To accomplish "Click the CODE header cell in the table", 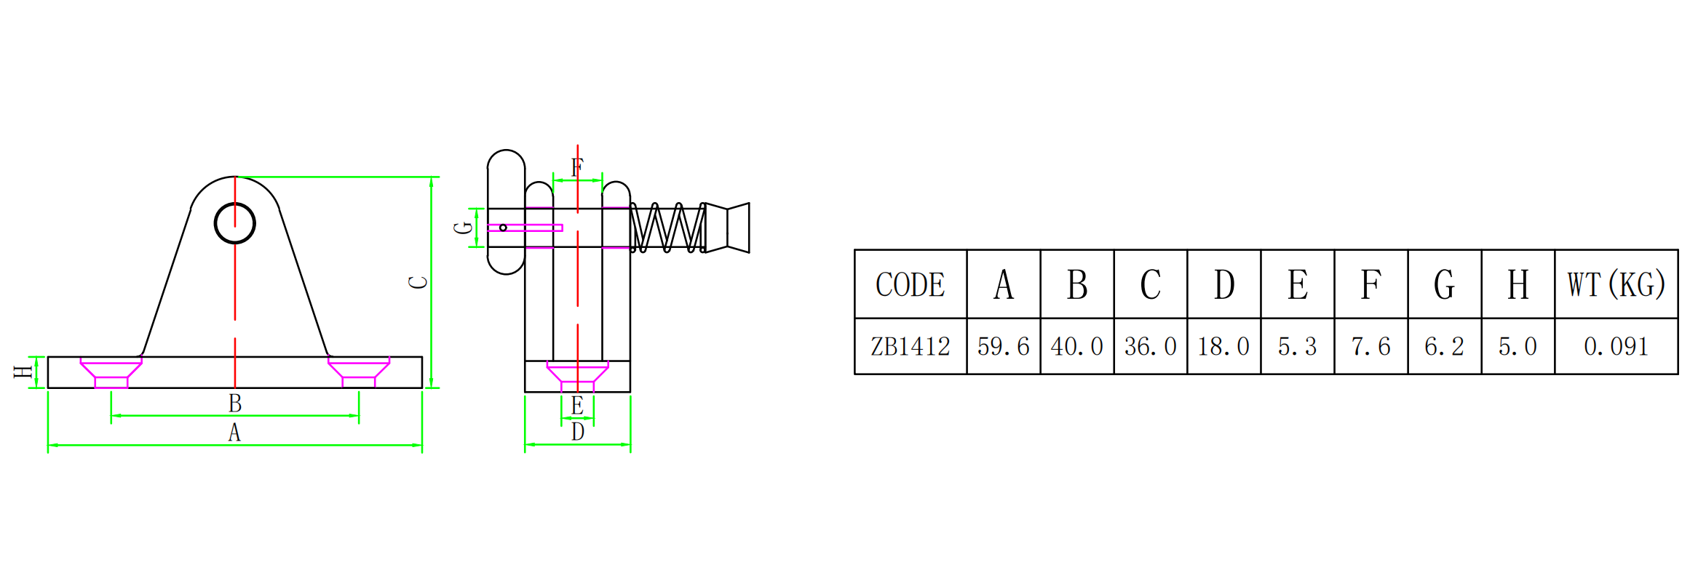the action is [911, 284].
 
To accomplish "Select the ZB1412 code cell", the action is [911, 346].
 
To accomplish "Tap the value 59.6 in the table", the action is [1004, 346].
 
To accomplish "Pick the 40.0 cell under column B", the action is [1077, 346].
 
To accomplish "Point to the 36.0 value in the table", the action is [1151, 346].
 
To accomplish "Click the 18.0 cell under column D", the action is [1224, 346].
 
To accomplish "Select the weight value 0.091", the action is [1616, 346].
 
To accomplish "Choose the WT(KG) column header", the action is [1616, 284].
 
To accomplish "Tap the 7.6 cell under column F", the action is [1371, 346].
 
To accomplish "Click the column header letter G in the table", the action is [1445, 284].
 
